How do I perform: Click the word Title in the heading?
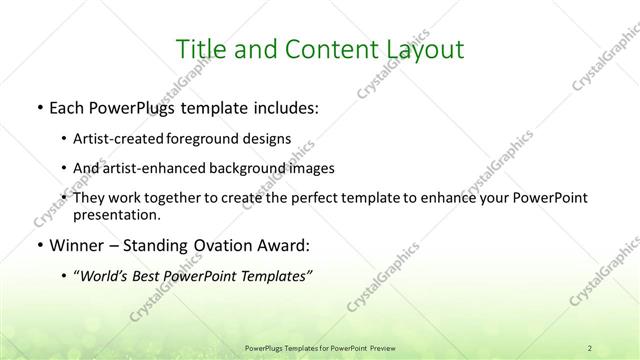point(198,49)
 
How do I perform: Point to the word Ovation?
point(218,245)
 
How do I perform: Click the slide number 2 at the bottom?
point(591,348)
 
